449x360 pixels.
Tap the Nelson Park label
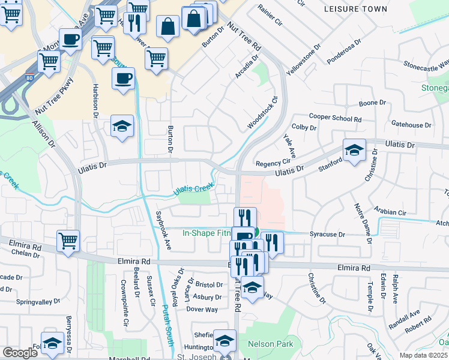point(271,344)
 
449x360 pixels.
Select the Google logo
point(20,352)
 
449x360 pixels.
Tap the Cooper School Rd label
point(335,118)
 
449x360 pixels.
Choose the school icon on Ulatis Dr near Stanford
point(354,150)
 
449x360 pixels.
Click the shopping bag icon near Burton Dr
point(168,26)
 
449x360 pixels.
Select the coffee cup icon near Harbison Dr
point(123,78)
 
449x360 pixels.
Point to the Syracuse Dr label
point(328,234)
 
